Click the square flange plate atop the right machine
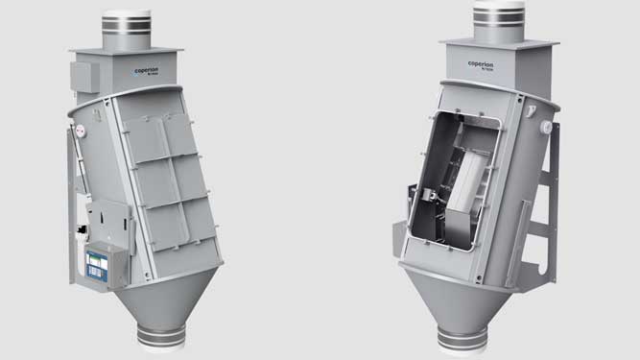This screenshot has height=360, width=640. click(x=499, y=45)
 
